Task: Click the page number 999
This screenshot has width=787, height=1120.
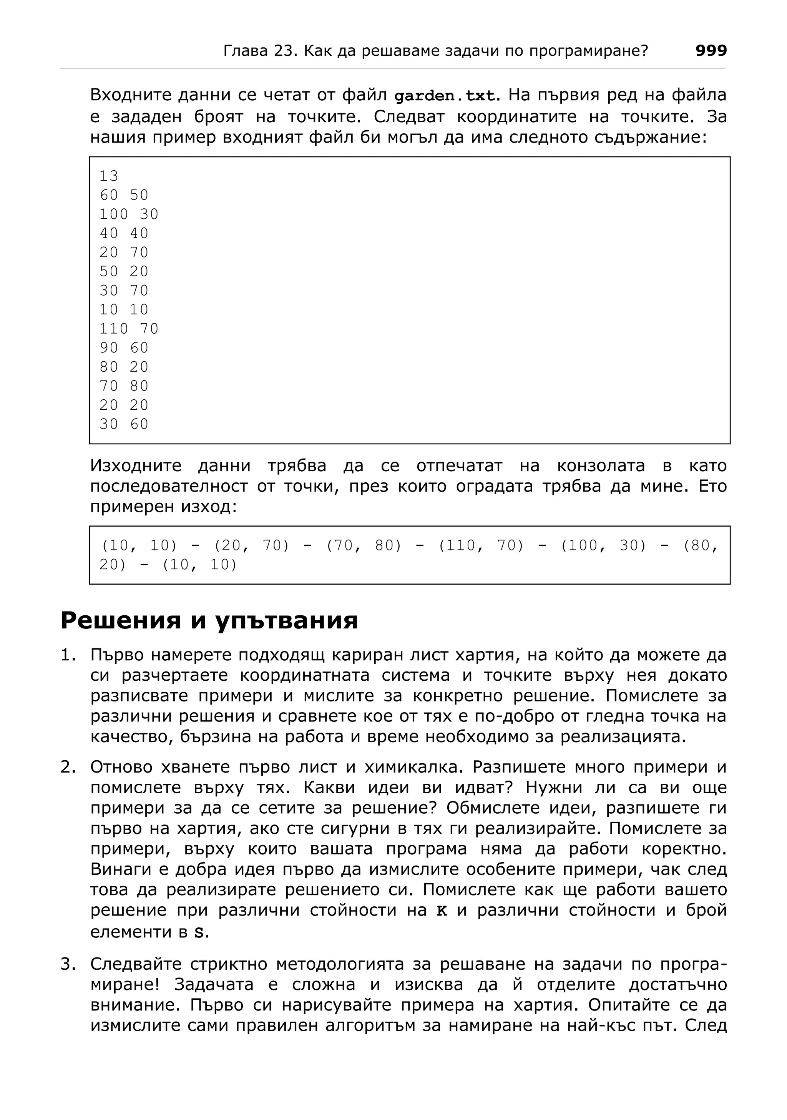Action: pyautogui.click(x=711, y=51)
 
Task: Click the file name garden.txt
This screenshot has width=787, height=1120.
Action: pyautogui.click(x=444, y=96)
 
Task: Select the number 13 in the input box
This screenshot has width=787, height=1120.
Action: pyautogui.click(x=109, y=176)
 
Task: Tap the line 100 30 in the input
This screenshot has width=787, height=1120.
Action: pyautogui.click(x=129, y=214)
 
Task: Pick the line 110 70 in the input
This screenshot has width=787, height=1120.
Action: pyautogui.click(x=129, y=329)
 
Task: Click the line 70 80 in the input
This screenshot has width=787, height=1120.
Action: pyautogui.click(x=124, y=386)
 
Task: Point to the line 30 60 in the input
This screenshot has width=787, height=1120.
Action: pyautogui.click(x=124, y=424)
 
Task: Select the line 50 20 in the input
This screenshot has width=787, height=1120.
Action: pyautogui.click(x=124, y=271)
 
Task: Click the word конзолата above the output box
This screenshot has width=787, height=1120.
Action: pyautogui.click(x=601, y=466)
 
